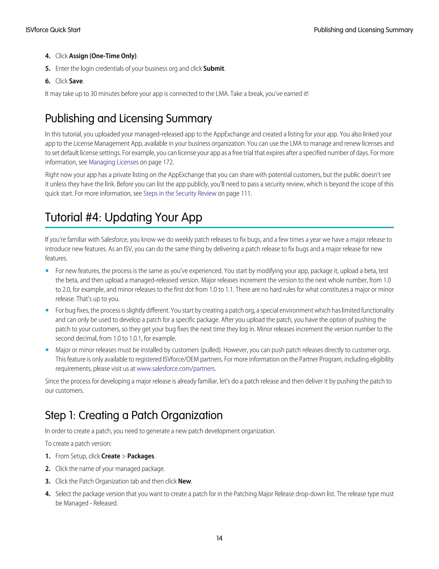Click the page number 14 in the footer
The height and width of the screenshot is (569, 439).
219,538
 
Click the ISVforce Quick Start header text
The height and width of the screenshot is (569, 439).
53,30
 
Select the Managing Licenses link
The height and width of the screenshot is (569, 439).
113,162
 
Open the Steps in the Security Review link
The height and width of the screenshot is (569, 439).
180,194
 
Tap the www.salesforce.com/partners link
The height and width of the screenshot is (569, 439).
176,369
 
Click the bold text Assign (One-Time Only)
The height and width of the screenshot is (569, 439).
103,56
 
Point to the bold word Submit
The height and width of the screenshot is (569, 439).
213,68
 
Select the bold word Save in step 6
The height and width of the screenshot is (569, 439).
76,81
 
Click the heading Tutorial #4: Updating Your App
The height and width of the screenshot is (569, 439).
123,217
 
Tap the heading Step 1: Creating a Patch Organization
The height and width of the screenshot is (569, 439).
134,415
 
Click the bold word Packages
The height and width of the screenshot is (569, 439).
141,456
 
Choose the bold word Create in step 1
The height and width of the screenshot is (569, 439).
111,456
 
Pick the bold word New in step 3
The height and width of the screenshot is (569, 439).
184,481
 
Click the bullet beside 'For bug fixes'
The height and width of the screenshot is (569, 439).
47,310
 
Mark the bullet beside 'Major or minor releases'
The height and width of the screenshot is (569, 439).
47,350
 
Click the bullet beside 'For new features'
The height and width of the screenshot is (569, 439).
47,271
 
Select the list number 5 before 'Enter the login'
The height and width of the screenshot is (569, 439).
47,68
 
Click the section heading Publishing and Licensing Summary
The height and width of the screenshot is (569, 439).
128,119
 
